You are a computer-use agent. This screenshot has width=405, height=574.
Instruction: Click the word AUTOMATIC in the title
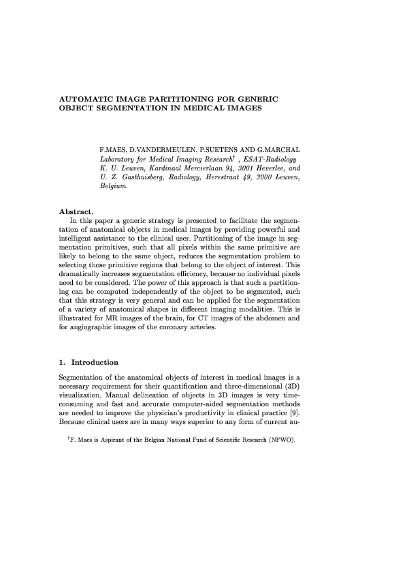point(84,100)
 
